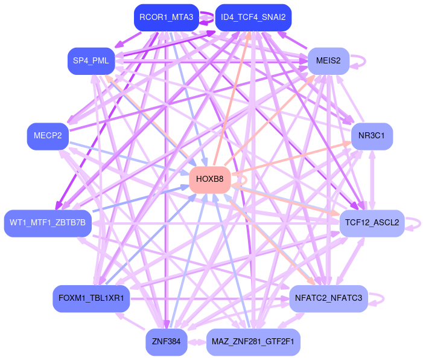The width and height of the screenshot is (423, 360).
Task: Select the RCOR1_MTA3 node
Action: (x=166, y=18)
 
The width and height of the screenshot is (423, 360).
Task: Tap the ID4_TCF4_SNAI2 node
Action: (x=253, y=18)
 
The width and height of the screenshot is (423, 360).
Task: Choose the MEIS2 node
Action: (x=328, y=61)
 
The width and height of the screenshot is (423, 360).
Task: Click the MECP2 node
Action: (x=48, y=136)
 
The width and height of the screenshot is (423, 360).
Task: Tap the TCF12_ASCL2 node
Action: (x=372, y=223)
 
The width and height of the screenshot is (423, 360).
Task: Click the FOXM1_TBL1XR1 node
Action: (x=91, y=298)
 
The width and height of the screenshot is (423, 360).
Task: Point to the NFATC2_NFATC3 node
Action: (x=328, y=298)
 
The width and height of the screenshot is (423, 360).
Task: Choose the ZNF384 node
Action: (x=166, y=342)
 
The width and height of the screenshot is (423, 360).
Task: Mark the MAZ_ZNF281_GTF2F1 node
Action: (x=253, y=342)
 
